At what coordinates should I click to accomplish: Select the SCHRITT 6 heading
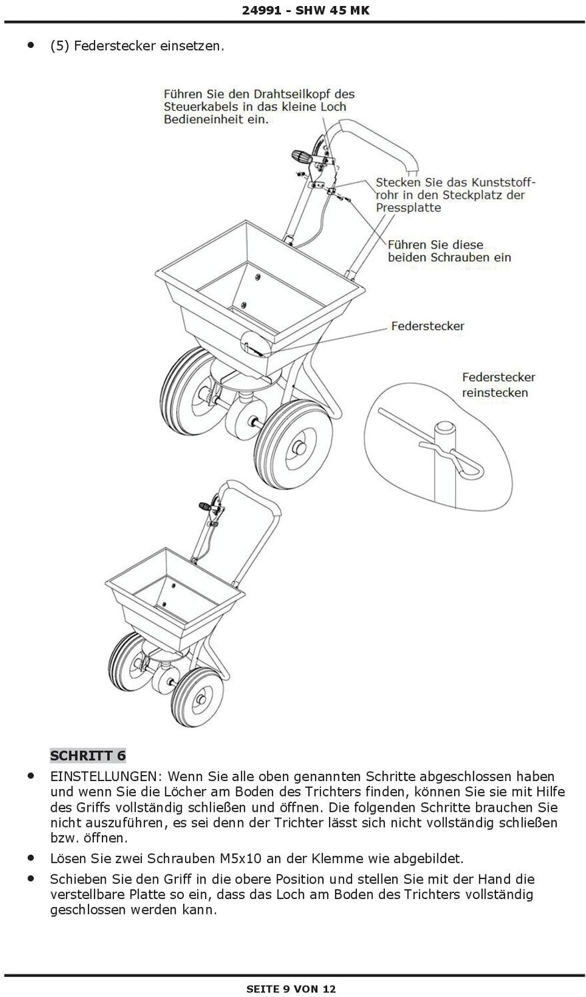point(88,755)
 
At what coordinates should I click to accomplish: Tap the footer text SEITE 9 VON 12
point(292,988)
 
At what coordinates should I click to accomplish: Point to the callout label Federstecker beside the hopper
point(428,326)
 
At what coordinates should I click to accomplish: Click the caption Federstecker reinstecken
point(498,385)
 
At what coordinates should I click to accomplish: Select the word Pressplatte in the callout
point(408,207)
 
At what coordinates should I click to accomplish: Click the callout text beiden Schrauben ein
point(449,257)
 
